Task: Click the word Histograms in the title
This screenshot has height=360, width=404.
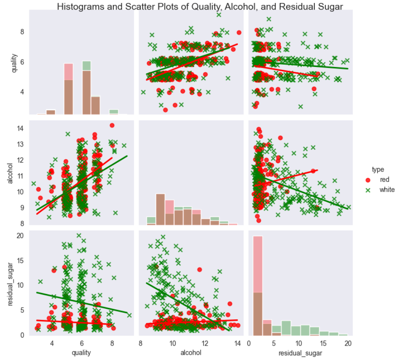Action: click(81, 6)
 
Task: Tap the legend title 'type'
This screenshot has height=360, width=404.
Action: click(378, 169)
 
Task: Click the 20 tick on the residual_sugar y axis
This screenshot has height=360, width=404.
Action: click(20, 235)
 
